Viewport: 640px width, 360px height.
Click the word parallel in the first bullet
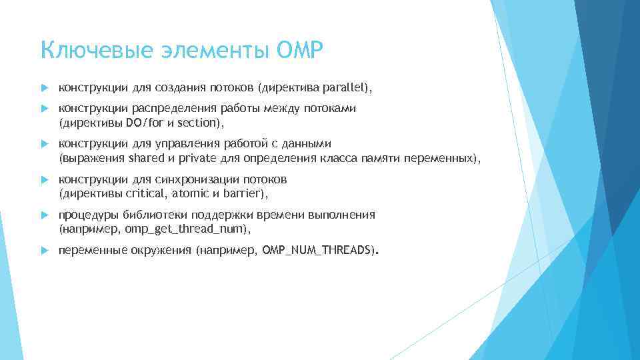344,87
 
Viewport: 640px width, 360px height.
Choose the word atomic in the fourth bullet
190,194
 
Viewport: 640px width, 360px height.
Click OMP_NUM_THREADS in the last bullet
317,251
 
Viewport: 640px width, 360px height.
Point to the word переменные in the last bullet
87,251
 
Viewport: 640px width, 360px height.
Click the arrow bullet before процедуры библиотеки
44,215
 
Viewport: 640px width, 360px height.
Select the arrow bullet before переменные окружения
44,251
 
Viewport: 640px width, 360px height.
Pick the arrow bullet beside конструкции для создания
44,87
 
